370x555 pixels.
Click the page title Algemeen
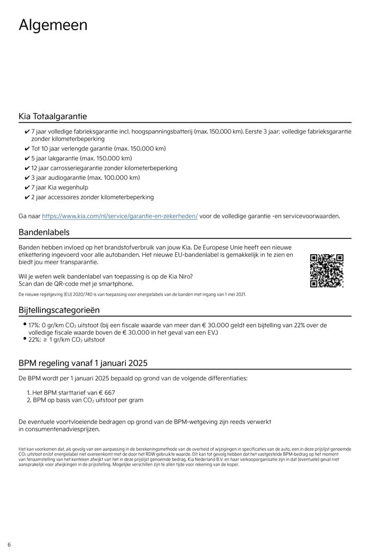point(53,25)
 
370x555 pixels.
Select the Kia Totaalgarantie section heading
point(53,116)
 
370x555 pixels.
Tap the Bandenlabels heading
point(44,232)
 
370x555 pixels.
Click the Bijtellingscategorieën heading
point(59,310)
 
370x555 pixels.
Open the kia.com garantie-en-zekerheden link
point(119,216)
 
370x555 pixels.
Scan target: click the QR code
point(327,271)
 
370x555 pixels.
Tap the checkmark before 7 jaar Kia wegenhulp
point(27,188)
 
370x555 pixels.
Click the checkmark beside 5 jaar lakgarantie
point(27,159)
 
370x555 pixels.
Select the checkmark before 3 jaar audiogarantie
point(27,178)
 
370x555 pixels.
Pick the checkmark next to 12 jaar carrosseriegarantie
point(27,168)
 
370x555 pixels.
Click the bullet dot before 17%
point(24,323)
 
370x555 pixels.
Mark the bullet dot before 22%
point(24,338)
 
